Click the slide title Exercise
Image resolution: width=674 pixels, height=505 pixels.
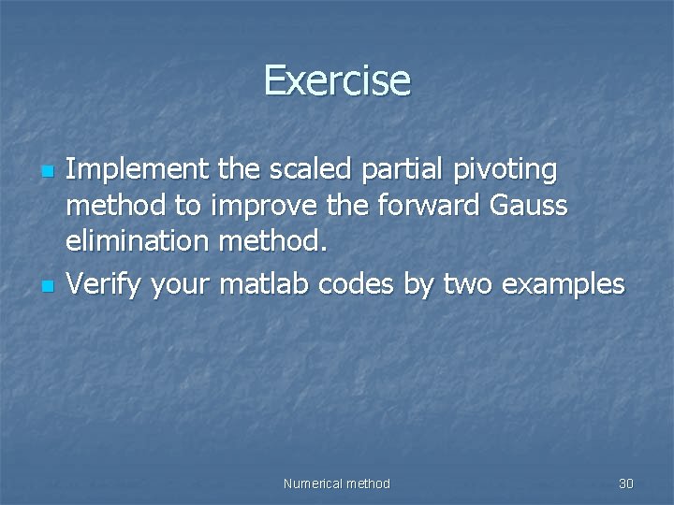(337, 80)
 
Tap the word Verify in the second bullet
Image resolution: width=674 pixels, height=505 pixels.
(103, 283)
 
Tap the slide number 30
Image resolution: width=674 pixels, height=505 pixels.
(625, 483)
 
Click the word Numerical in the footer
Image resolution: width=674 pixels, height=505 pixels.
(313, 483)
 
